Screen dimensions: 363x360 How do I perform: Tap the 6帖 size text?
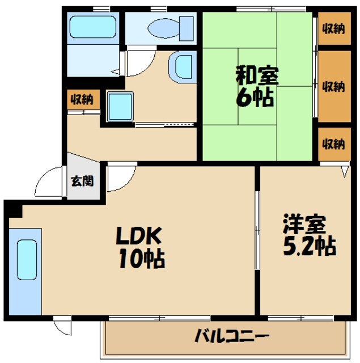tap(255, 98)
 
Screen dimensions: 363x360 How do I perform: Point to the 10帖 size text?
tap(141, 259)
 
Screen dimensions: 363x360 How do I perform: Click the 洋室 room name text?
tap(304, 223)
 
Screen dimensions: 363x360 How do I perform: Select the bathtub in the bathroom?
tap(92, 26)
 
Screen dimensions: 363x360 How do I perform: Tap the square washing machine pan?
tap(120, 106)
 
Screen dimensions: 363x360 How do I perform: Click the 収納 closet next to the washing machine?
tap(82, 100)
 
